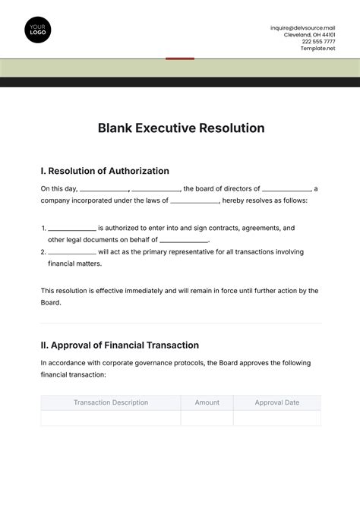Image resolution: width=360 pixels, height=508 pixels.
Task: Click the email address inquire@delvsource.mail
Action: coord(302,27)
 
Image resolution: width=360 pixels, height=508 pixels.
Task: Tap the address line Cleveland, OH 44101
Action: coord(309,34)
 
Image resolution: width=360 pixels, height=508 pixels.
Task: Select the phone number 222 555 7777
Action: coord(318,41)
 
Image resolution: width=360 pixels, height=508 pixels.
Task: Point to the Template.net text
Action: coord(317,48)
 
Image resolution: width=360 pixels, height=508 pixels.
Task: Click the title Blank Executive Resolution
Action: coord(181,128)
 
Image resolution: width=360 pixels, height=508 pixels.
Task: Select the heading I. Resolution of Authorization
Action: coord(105,171)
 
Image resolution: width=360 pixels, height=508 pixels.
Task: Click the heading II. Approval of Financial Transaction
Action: coord(119,345)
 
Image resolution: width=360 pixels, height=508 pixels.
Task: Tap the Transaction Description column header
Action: coord(111,402)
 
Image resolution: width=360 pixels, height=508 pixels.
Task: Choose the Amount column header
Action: coord(207,402)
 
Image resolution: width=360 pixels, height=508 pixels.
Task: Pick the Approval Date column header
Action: coord(276,402)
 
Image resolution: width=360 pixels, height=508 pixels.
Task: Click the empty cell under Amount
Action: coord(207,418)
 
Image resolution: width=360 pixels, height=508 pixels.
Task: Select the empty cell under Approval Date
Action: coord(276,418)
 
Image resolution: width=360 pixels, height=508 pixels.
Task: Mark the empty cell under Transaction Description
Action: coord(111,418)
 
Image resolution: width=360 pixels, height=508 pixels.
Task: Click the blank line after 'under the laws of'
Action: coord(194,203)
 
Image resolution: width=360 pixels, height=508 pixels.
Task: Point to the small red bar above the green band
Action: coord(180,58)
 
